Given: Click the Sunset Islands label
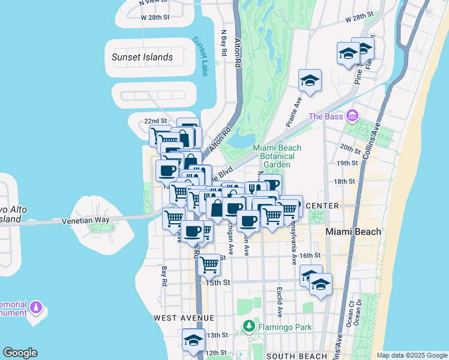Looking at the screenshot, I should click(x=142, y=58).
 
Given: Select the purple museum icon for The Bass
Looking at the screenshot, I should click(x=352, y=115).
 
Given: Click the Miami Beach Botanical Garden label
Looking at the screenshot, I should click(x=277, y=156).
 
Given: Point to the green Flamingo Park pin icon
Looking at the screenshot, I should click(x=249, y=326).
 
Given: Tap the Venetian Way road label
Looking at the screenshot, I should click(x=86, y=220).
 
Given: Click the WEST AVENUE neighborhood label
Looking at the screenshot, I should click(x=184, y=317).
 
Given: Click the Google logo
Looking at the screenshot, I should click(x=20, y=353).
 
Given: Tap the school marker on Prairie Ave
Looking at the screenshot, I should click(x=310, y=80).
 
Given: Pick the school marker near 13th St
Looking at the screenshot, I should click(x=193, y=340).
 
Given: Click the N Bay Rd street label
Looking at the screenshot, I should click(x=224, y=44).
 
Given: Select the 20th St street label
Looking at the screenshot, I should click(x=348, y=148).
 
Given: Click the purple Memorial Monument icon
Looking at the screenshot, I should click(x=37, y=308).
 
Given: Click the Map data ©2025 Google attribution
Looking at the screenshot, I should click(x=411, y=355).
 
